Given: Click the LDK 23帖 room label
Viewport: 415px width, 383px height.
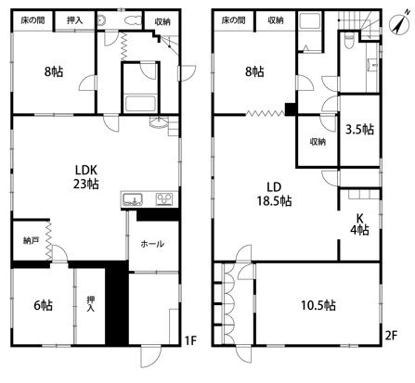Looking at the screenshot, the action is pyautogui.click(x=86, y=177).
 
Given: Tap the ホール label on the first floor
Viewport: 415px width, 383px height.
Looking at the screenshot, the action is pyautogui.click(x=152, y=244).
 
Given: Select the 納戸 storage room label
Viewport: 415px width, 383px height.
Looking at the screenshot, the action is pyautogui.click(x=31, y=240).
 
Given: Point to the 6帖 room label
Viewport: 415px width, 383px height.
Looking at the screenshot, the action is pyautogui.click(x=43, y=305).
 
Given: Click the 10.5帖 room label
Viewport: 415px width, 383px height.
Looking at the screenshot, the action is pyautogui.click(x=318, y=305).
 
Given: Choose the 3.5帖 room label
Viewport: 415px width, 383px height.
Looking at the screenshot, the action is pyautogui.click(x=359, y=129).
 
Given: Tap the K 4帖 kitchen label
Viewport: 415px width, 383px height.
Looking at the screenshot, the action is pyautogui.click(x=359, y=224).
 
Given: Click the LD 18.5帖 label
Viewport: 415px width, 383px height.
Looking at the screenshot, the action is pyautogui.click(x=274, y=194).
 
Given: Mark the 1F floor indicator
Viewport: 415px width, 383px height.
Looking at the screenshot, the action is pyautogui.click(x=190, y=340).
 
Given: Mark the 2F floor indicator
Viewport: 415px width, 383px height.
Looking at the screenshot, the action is pyautogui.click(x=391, y=336).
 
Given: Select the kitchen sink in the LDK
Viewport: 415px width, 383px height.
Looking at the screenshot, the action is pyautogui.click(x=133, y=199).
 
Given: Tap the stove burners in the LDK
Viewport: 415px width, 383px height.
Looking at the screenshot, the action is pyautogui.click(x=164, y=198).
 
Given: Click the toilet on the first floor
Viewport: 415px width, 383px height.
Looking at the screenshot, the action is pyautogui.click(x=132, y=20).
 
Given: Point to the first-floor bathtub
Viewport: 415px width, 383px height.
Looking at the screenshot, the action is pyautogui.click(x=140, y=104).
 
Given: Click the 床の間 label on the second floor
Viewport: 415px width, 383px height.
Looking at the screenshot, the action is pyautogui.click(x=234, y=20).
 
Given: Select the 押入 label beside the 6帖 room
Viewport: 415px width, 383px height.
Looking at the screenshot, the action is pyautogui.click(x=90, y=304).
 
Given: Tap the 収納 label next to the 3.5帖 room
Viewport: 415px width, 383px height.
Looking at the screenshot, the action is pyautogui.click(x=318, y=142).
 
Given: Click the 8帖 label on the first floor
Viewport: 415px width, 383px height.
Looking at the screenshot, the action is pyautogui.click(x=54, y=71).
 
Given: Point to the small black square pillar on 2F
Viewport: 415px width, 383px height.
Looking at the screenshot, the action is pyautogui.click(x=291, y=109).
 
